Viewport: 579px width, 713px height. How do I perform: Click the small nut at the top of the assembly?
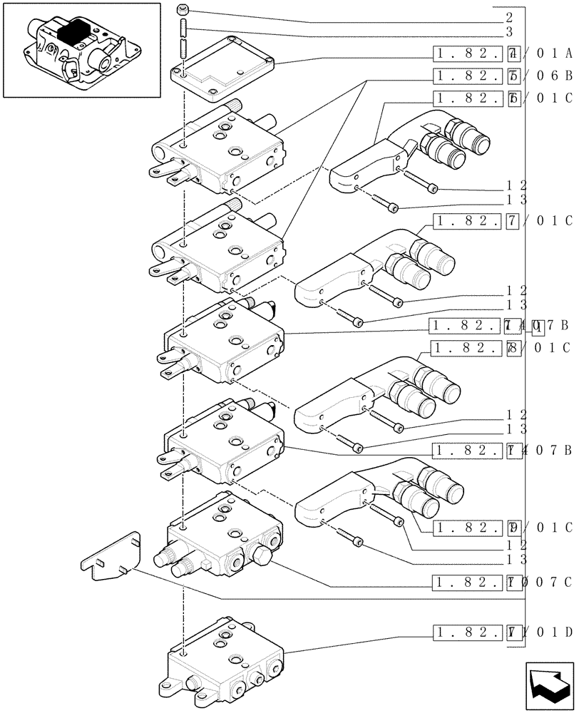(184, 9)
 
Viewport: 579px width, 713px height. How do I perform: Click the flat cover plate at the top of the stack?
(223, 65)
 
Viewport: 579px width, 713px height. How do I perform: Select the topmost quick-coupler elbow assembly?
(410, 158)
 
